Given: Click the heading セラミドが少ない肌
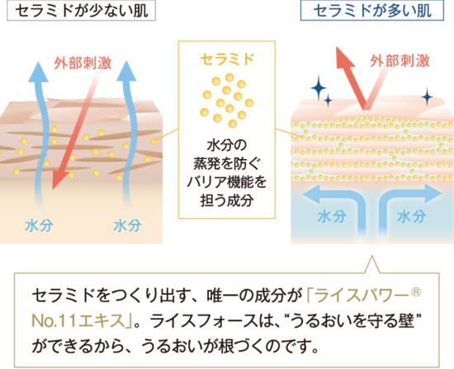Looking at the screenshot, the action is (82, 11).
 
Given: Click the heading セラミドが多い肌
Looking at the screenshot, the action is (372, 11).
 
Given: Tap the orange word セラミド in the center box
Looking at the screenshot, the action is (227, 59).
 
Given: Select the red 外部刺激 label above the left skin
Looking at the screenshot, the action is (83, 63).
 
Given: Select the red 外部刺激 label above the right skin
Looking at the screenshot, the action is (400, 61).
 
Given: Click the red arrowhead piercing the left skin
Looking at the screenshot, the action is (58, 180).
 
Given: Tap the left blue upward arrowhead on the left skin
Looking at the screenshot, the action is (39, 72).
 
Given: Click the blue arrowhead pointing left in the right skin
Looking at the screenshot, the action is (311, 194).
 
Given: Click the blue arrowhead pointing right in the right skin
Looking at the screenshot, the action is (433, 193).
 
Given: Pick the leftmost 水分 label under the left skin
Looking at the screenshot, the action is (39, 226).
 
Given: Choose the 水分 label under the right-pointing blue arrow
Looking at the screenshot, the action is (411, 217).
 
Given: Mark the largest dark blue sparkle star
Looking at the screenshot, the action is (319, 87).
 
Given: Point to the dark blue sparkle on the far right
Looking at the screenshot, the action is (428, 97).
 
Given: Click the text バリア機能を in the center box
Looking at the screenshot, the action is (226, 182).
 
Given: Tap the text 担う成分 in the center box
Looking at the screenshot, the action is (227, 200).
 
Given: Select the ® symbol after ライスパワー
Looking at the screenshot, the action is (416, 292).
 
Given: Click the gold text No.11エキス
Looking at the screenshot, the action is (78, 320).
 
